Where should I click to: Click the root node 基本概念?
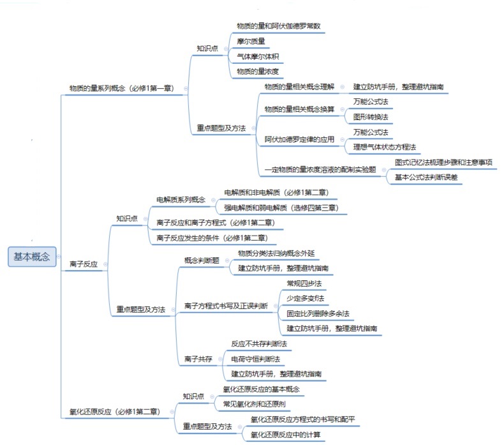pos(32,257)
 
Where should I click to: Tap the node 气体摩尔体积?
pos(257,56)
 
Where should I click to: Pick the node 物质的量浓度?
pos(257,72)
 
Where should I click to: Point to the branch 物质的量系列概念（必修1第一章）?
pos(124,88)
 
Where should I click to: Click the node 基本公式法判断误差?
pos(426,177)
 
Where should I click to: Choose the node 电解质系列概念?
pos(181,199)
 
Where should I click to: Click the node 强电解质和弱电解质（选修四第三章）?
pos(281,207)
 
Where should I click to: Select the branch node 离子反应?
pos(84,263)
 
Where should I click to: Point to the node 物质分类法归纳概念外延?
pos(276,253)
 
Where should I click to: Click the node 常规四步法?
pos(304,283)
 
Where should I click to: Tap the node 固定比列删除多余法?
pos(318,313)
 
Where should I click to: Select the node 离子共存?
pos(198,359)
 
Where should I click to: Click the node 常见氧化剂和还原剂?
pos(255,404)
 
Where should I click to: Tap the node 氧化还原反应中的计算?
pos(285,435)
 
